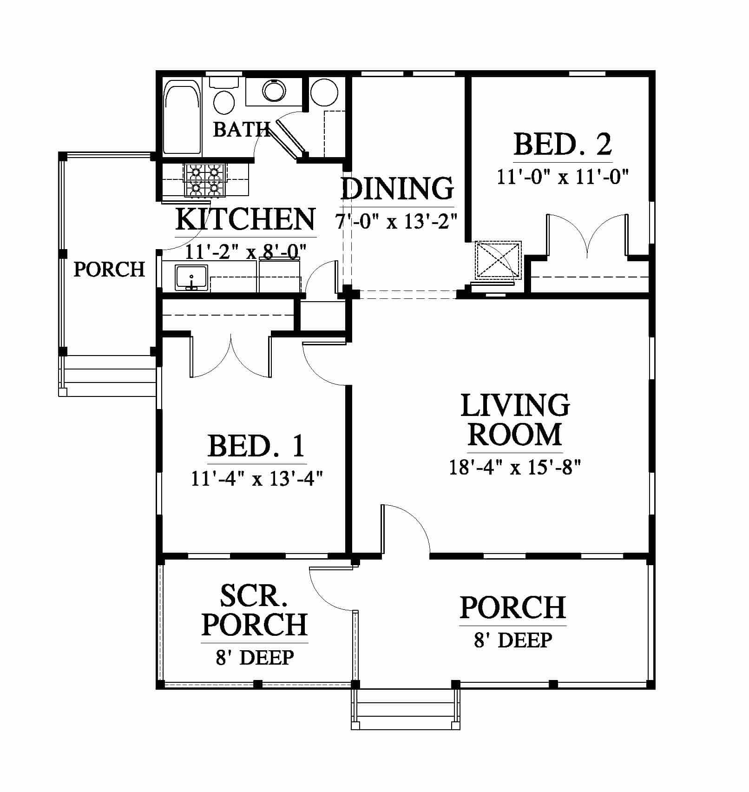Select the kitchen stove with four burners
click(204, 180)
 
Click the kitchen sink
click(191, 278)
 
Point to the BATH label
click(242, 129)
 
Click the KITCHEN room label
click(245, 219)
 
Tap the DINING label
click(398, 188)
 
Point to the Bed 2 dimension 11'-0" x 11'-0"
click(563, 177)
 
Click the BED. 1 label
click(256, 446)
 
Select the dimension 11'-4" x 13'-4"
click(256, 478)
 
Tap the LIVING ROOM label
click(515, 420)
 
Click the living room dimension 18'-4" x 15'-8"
click(515, 467)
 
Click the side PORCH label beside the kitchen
click(109, 270)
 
